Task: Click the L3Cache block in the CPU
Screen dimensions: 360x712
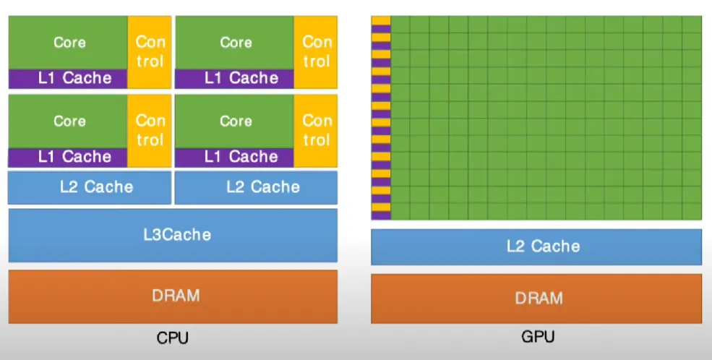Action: pos(173,235)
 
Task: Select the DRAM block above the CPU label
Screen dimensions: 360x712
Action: pos(173,296)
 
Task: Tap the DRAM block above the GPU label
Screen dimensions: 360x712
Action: pos(536,298)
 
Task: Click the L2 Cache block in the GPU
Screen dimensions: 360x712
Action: pos(536,247)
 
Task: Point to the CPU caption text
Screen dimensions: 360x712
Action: pos(173,337)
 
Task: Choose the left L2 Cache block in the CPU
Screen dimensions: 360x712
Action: pos(90,187)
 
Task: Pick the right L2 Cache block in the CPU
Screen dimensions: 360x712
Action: pos(256,187)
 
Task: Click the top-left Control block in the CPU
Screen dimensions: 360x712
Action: pos(150,52)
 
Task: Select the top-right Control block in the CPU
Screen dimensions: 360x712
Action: pos(316,52)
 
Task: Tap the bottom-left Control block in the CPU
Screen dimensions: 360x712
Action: pos(150,130)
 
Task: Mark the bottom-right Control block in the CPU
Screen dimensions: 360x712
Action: pos(316,130)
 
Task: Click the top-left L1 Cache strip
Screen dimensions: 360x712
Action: pos(68,78)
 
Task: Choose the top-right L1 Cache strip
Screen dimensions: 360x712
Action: pos(234,78)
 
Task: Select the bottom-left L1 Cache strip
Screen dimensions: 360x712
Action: pos(68,157)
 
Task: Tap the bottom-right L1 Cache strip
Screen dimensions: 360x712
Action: pos(234,157)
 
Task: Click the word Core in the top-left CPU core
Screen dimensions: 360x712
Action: pos(69,43)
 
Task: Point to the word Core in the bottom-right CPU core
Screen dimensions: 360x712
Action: pos(235,121)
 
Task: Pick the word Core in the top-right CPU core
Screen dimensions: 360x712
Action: pos(235,43)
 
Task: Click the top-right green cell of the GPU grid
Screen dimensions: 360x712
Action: pos(692,24)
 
